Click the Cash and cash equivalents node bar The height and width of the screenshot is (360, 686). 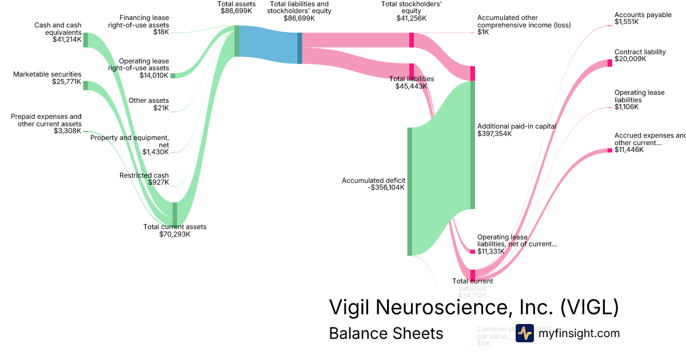click(86, 40)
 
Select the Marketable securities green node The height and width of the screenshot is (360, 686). click(86, 85)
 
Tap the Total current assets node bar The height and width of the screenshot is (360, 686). click(175, 214)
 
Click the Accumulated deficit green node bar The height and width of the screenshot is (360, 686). click(409, 191)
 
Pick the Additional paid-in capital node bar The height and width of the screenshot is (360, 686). click(473, 145)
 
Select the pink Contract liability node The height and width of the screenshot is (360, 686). click(609, 63)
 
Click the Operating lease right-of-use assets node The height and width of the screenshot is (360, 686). click(173, 75)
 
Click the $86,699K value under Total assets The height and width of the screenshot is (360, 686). click(236, 11)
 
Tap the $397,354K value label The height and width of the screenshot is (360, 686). click(494, 134)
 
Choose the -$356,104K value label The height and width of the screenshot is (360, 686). click(386, 187)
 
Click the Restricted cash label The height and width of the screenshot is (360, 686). click(144, 175)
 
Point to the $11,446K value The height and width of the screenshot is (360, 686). click(629, 150)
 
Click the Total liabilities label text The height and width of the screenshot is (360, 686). click(411, 79)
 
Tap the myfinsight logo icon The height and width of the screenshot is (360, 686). click(524, 333)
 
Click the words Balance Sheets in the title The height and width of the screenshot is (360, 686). click(386, 333)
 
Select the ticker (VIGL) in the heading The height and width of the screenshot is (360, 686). click(589, 307)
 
